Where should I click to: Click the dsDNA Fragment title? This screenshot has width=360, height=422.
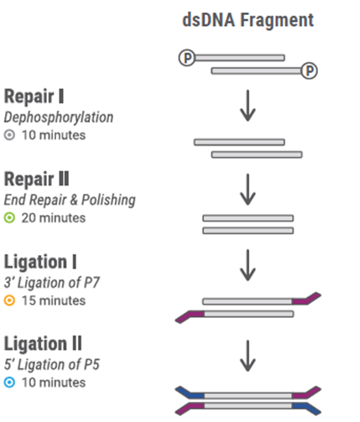[x=248, y=20]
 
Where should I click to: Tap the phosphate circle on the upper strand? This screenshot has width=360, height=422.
[x=187, y=58]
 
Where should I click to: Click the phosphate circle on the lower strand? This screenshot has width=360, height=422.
[x=310, y=70]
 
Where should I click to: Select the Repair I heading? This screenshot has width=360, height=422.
[x=34, y=96]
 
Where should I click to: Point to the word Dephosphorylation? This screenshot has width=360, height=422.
[x=59, y=117]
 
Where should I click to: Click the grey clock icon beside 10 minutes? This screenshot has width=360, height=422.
[x=9, y=135]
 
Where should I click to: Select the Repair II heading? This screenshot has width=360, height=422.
[x=36, y=179]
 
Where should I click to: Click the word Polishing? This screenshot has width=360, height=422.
[x=108, y=201]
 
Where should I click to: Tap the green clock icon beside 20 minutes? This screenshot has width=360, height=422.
[x=9, y=217]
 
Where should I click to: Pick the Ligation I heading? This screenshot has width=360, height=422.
[x=40, y=262]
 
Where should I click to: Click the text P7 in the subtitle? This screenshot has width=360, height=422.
[x=91, y=283]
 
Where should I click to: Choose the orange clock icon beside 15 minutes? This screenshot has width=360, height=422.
[x=9, y=300]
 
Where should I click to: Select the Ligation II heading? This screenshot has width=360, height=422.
[x=43, y=344]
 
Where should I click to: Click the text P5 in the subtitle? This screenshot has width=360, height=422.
[x=91, y=364]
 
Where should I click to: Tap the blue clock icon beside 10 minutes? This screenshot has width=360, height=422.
[x=9, y=383]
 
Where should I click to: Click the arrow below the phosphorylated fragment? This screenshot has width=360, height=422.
[x=248, y=106]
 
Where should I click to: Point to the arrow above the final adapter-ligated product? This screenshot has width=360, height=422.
[x=248, y=356]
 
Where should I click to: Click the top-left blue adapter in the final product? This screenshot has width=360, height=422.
[x=190, y=393]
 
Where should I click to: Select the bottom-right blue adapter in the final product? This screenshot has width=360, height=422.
[x=306, y=409]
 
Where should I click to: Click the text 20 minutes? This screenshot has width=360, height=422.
[x=54, y=218]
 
